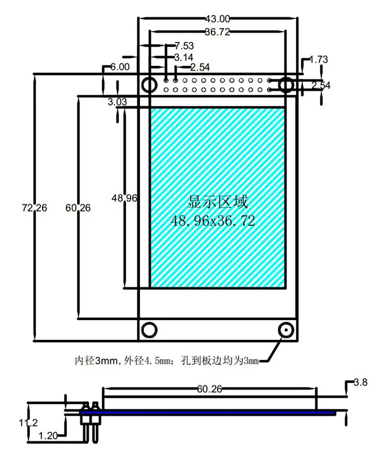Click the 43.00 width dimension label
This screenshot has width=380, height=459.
[217, 19]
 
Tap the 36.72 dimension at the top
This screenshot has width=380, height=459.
[217, 31]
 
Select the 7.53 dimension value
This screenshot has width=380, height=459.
[184, 46]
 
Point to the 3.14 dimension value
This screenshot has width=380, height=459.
[184, 57]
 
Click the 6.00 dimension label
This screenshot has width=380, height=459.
[120, 67]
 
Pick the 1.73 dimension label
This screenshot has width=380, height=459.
[319, 59]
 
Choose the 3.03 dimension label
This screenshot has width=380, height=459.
[118, 102]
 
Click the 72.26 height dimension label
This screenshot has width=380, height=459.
[34, 208]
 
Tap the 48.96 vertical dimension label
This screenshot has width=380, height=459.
[124, 198]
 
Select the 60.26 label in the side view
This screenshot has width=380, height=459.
[209, 389]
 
